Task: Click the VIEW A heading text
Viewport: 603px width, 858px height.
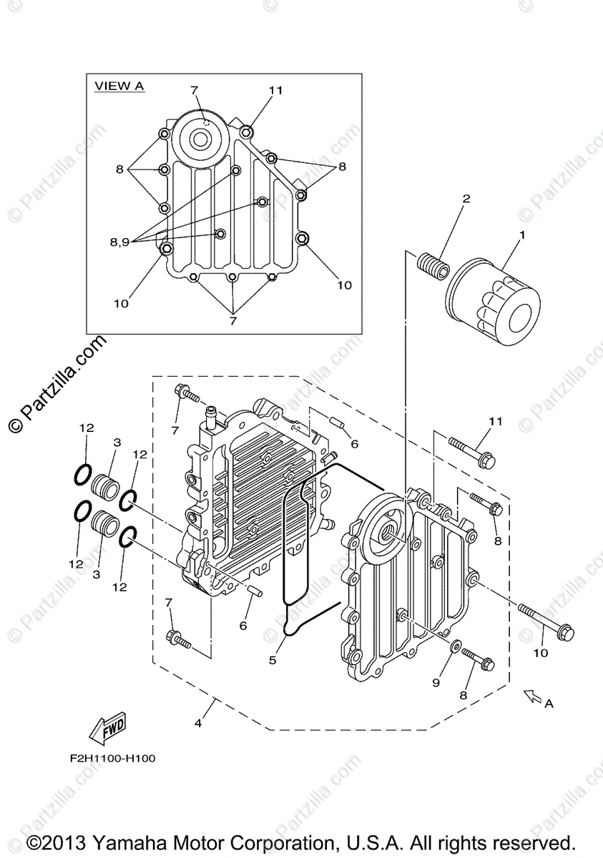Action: point(119,86)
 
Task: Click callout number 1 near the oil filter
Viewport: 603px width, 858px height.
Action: point(521,235)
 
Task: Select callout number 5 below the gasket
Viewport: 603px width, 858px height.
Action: point(273,661)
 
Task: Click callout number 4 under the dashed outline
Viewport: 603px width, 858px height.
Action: point(198,723)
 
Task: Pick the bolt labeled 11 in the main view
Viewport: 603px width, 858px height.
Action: point(472,452)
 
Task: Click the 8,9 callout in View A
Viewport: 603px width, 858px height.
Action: point(119,242)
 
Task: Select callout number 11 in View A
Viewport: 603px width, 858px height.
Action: point(276,90)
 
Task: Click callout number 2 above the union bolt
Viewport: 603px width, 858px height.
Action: point(466,198)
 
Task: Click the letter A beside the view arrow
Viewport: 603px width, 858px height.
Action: point(549,704)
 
